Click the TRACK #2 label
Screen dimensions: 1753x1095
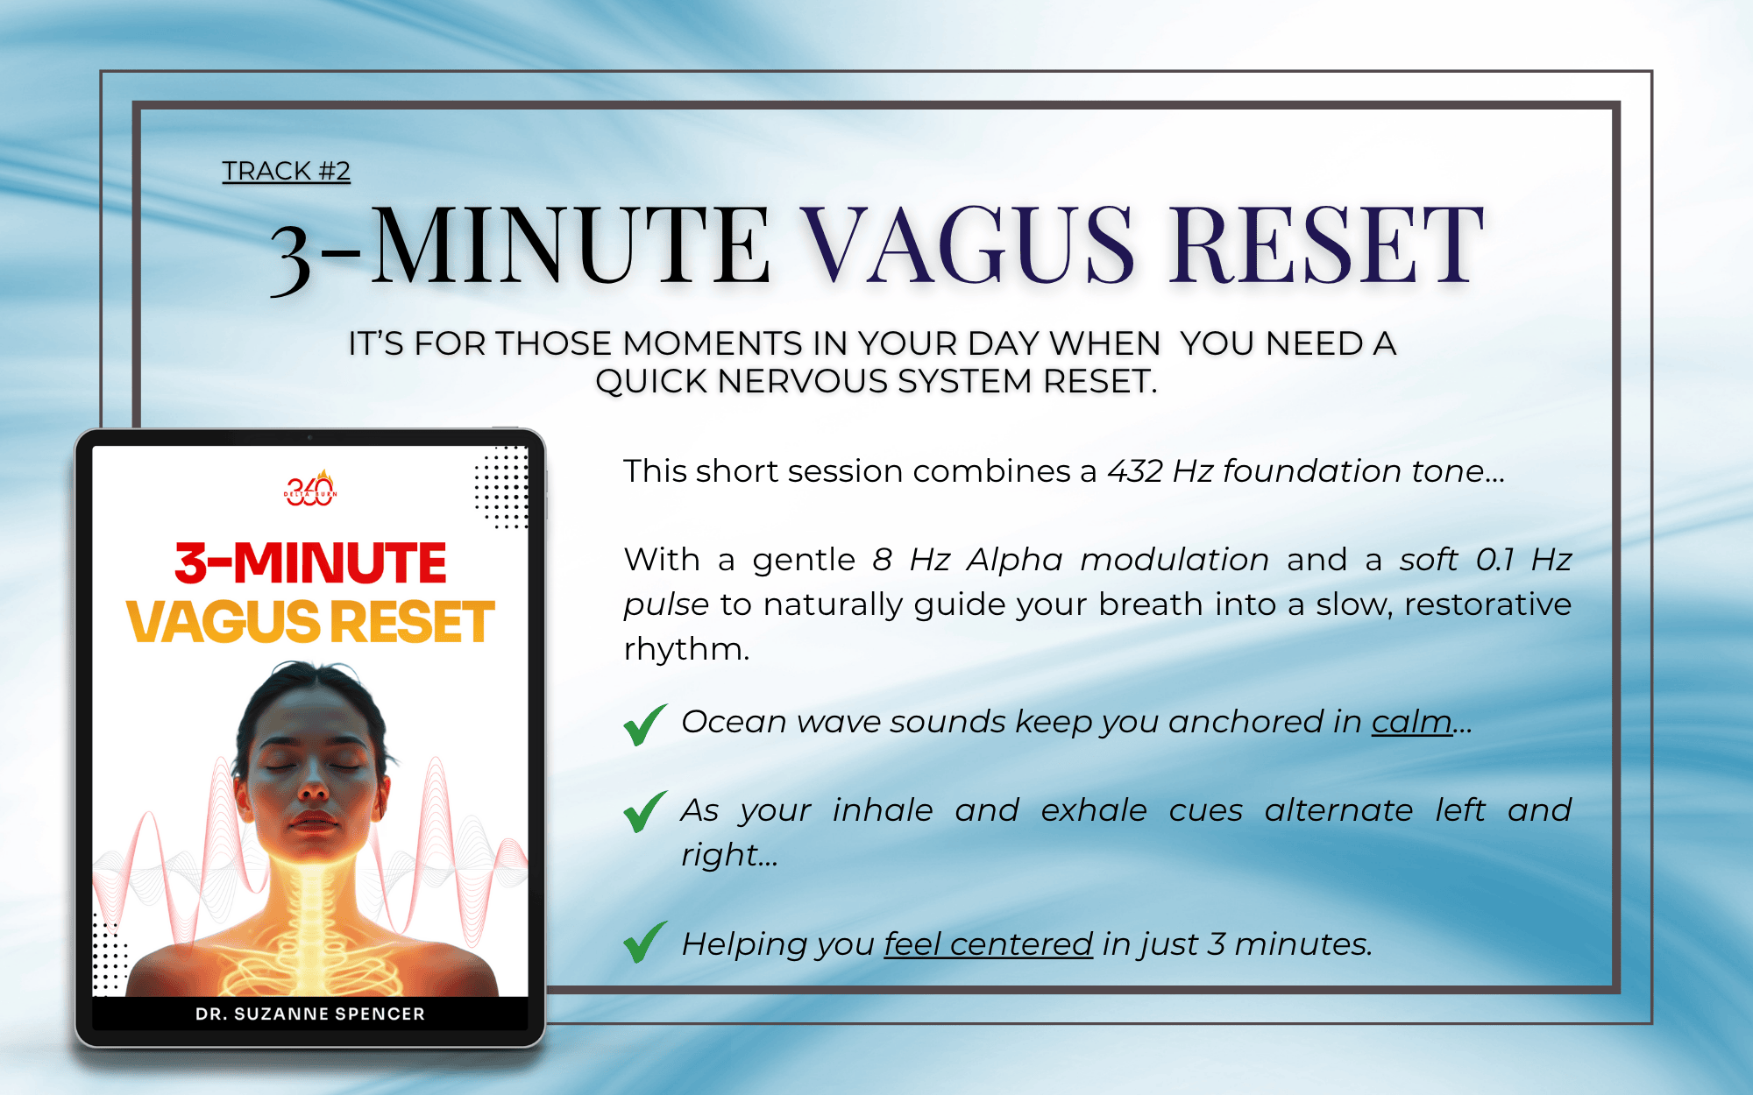[x=286, y=171]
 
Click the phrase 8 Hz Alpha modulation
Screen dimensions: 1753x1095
[x=1070, y=560]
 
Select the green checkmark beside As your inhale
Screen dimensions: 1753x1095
[x=645, y=811]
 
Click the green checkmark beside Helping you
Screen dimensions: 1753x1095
[x=645, y=943]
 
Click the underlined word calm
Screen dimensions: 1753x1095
[x=1411, y=722]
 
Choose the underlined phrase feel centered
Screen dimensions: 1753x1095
[x=988, y=944]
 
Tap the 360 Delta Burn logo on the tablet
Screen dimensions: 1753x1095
[x=310, y=489]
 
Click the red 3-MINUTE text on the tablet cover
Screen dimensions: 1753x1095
[x=310, y=562]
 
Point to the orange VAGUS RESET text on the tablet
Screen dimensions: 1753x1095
[x=310, y=622]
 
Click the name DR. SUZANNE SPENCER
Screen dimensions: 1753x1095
[x=310, y=1014]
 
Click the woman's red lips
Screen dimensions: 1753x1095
[x=313, y=821]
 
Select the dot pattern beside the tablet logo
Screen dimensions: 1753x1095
[x=501, y=487]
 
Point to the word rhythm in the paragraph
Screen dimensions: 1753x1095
[x=687, y=649]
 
